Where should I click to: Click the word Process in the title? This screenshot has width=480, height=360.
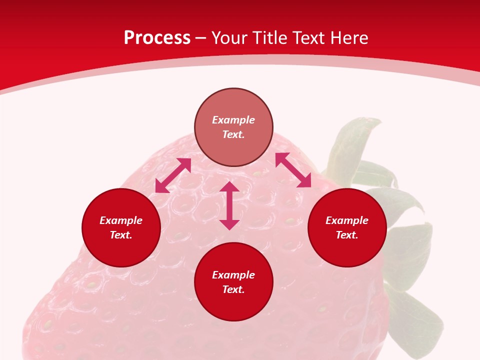coord(157,38)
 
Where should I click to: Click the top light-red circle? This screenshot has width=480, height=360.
coord(233,127)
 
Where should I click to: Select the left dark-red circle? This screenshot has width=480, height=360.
coord(121,227)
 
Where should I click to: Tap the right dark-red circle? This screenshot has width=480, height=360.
coord(347,227)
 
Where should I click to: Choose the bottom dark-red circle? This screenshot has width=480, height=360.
coord(233,281)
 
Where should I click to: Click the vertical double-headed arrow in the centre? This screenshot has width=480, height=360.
coord(229,205)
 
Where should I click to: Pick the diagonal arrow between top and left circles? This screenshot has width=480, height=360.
coord(173,175)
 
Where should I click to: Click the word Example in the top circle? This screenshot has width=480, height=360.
coord(233,119)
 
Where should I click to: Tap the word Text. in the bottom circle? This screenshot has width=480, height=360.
coord(233,289)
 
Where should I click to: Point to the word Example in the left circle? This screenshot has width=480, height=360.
coord(121,220)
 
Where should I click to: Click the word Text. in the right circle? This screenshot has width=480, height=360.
coord(347,235)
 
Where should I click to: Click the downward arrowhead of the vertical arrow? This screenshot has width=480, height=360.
coord(229,225)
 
